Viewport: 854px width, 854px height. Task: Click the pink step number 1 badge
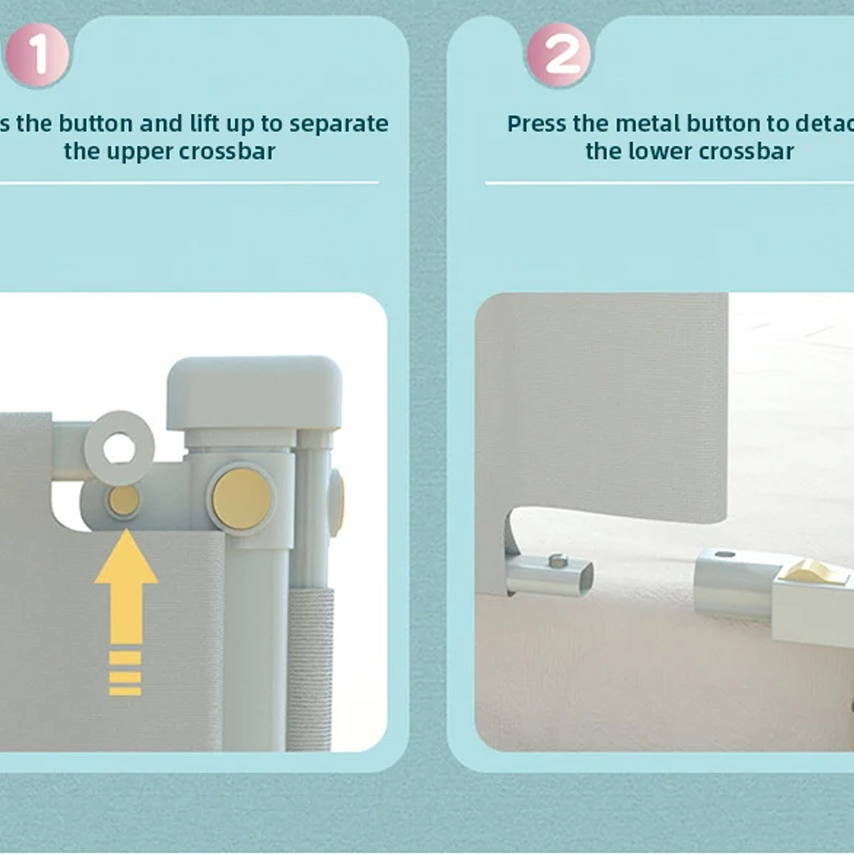pos(37,55)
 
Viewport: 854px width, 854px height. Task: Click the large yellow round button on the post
pos(241,499)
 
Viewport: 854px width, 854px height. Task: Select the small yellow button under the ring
pos(123,501)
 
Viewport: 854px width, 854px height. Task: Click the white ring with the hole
pos(120,448)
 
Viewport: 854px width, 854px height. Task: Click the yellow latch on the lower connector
pos(816,571)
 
